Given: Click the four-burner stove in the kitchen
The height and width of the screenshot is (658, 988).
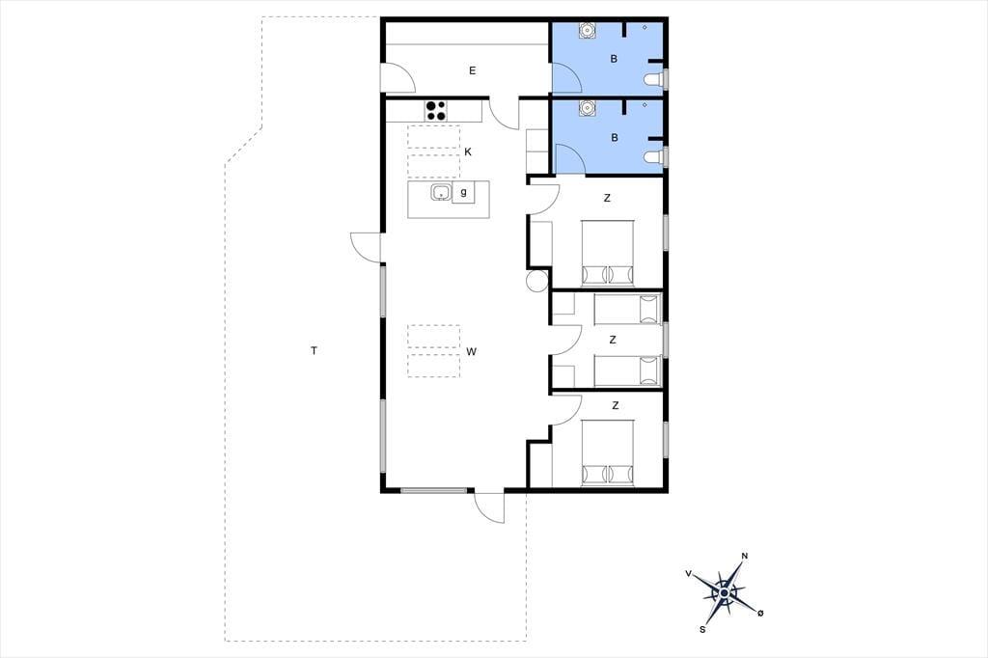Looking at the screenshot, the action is click(x=435, y=110).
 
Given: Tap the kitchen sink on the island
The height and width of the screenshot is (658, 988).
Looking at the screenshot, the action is click(x=441, y=192).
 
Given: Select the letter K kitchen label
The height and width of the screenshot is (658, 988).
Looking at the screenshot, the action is click(x=468, y=151).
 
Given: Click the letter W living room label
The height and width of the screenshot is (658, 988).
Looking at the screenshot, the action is click(x=471, y=352).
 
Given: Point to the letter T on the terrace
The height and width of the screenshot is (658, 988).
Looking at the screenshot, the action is click(x=314, y=350).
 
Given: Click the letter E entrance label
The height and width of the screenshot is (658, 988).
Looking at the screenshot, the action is click(x=472, y=70).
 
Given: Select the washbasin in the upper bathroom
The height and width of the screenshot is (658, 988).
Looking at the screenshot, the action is click(x=588, y=30).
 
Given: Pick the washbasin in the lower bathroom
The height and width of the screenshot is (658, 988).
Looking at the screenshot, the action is click(x=588, y=108).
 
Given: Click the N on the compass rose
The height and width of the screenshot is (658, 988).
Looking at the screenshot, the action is click(x=745, y=556).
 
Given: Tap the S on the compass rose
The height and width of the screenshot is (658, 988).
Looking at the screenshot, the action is click(x=702, y=629).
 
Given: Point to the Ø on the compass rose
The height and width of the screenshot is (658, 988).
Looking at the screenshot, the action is click(x=760, y=613).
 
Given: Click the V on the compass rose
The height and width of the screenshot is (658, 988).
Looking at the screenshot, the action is click(x=688, y=573).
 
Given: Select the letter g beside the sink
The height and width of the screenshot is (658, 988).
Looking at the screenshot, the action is click(x=464, y=192).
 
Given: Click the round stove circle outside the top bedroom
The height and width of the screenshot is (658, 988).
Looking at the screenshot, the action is click(x=537, y=281).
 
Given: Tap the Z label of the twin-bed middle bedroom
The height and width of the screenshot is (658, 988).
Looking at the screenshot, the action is click(x=613, y=340).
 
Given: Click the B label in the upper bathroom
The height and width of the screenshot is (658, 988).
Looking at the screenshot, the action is click(x=614, y=59).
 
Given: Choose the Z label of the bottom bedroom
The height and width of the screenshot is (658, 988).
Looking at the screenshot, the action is click(x=615, y=405).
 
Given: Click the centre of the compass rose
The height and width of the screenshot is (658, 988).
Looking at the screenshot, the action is click(x=725, y=592).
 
